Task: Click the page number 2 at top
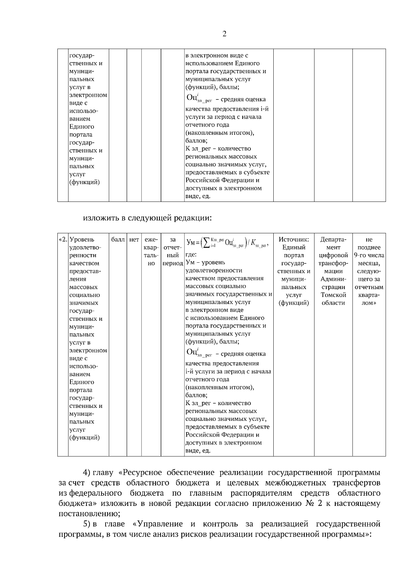(x=224, y=34)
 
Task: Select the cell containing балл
(x=118, y=240)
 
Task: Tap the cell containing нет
(x=134, y=240)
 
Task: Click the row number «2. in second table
(x=63, y=240)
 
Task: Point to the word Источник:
(x=294, y=240)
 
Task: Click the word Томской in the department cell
(x=333, y=295)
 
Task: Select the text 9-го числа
(x=369, y=256)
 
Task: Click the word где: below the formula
(x=191, y=255)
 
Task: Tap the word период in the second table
(x=173, y=263)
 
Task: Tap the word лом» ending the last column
(x=369, y=303)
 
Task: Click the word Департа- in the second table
(x=333, y=240)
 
